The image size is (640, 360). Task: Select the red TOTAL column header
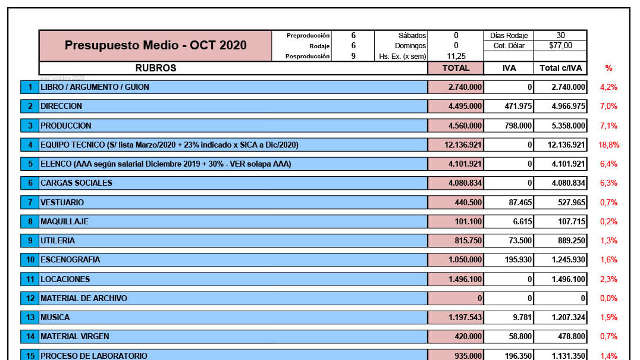point(456,68)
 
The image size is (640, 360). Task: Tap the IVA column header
point(509,68)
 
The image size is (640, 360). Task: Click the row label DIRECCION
point(62,106)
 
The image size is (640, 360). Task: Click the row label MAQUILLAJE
point(63,221)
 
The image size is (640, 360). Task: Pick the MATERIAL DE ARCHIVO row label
point(81,298)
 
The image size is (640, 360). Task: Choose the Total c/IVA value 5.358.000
point(564,126)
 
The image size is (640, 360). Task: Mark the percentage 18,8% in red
point(608,145)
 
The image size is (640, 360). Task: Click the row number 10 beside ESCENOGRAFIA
point(29,260)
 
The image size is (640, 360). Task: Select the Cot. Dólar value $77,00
point(560,45)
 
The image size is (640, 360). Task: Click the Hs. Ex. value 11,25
point(456,56)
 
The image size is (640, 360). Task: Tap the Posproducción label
point(306,56)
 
